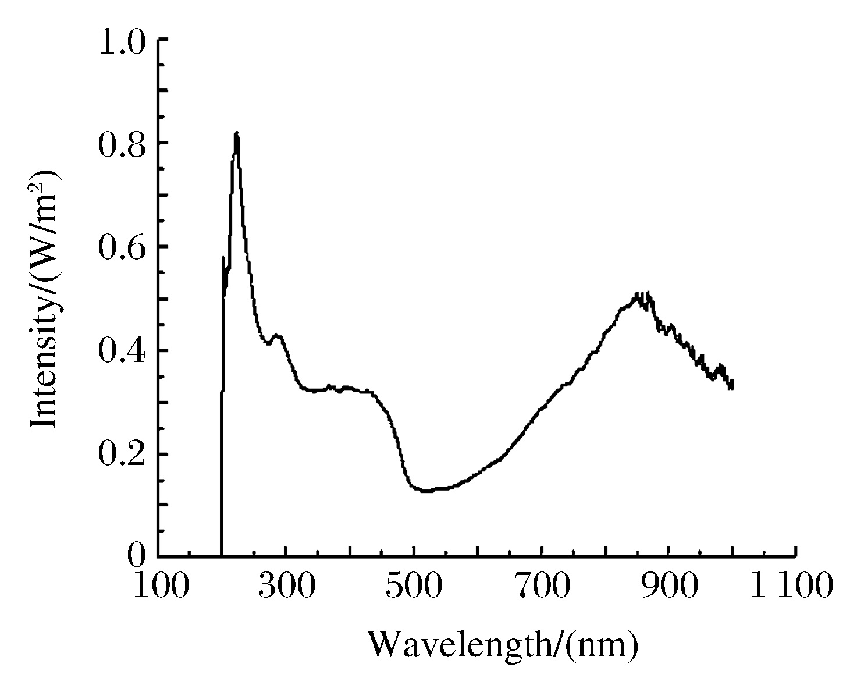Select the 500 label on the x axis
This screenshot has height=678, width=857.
coord(414,587)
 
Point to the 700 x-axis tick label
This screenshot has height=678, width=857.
coord(542,587)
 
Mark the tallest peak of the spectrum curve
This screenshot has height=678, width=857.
coord(236,134)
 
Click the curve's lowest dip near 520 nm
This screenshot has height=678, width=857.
coord(426,491)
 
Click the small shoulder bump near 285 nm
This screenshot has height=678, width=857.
coord(278,335)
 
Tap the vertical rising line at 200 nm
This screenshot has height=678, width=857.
coord(222,466)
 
